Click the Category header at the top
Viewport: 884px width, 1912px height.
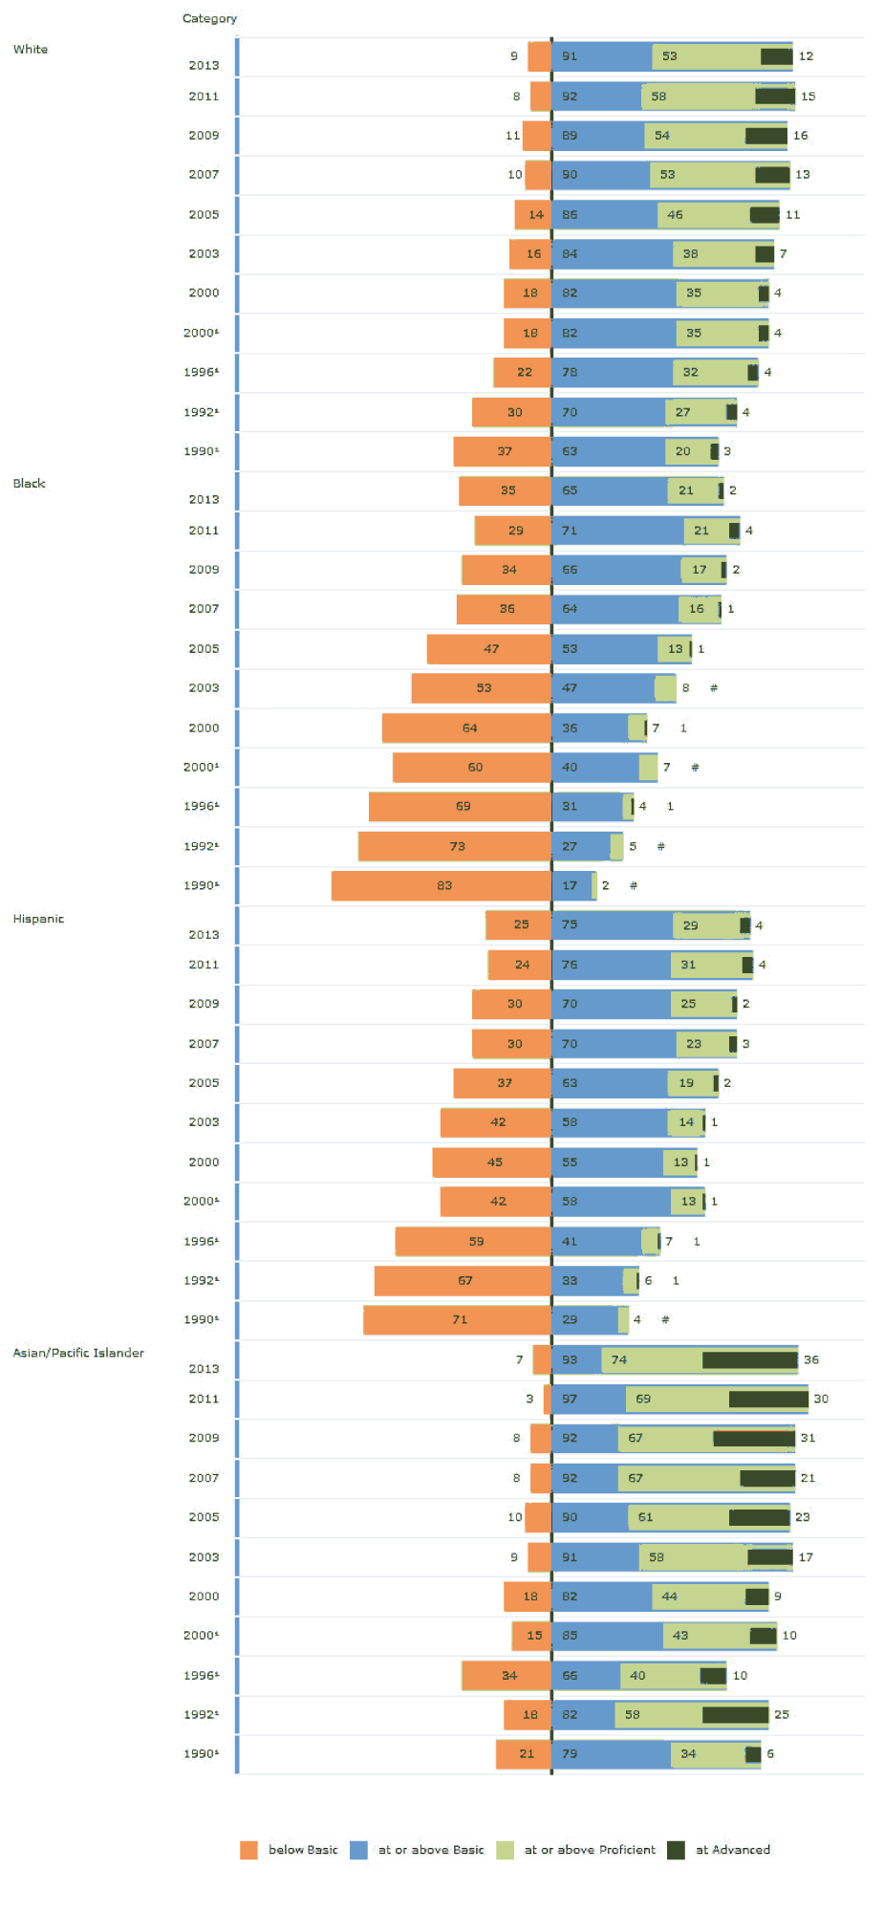(209, 18)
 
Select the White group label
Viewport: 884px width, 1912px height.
(31, 49)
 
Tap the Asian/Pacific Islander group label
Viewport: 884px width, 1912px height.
(78, 1353)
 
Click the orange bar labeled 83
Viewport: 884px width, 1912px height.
(442, 885)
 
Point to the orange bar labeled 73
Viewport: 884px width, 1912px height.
(455, 846)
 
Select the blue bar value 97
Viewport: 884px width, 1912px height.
(570, 1399)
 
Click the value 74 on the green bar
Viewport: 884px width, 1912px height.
(619, 1359)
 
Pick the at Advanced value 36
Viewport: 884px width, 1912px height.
(811, 1359)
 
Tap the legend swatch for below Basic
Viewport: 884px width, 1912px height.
(248, 1850)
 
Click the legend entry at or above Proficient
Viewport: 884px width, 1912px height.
(590, 1850)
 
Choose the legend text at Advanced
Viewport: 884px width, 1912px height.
(733, 1850)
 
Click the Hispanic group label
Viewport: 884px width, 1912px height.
(38, 919)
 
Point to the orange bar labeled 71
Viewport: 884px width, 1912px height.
(458, 1319)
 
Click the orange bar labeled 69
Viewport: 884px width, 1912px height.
(461, 806)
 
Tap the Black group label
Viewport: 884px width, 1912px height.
(29, 484)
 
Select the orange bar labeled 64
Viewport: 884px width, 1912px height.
(467, 728)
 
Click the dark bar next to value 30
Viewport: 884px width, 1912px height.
(768, 1399)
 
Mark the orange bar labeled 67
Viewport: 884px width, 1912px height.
(464, 1280)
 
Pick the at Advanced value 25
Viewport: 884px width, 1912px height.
(782, 1714)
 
